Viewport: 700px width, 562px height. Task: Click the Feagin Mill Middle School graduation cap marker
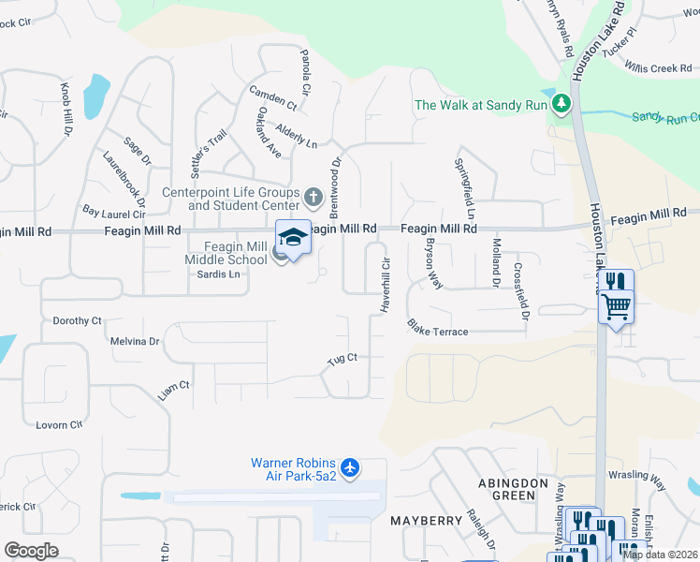[x=292, y=238]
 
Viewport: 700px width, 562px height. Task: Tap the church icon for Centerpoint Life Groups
[x=314, y=199]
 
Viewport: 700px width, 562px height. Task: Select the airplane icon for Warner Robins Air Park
[x=350, y=466]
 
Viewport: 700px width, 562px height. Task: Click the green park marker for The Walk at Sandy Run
[x=561, y=104]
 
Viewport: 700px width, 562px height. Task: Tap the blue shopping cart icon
[x=617, y=305]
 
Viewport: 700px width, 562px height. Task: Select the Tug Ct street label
[x=342, y=359]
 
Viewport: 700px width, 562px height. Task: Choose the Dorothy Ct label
[x=77, y=320]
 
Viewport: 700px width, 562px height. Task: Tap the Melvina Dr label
[x=136, y=342]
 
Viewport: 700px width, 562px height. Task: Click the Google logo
[x=32, y=551]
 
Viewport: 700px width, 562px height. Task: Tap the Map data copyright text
[x=660, y=555]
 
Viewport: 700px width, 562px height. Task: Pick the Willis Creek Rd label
[x=658, y=68]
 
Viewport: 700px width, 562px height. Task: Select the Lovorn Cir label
[x=59, y=425]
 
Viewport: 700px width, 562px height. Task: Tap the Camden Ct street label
[x=272, y=98]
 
